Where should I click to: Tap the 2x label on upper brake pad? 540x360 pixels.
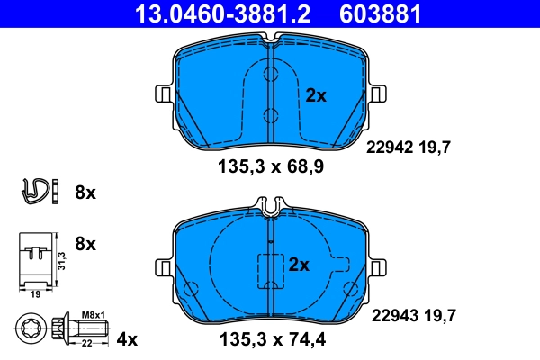pyautogui.click(x=316, y=95)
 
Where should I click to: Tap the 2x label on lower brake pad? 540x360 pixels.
pyautogui.click(x=299, y=265)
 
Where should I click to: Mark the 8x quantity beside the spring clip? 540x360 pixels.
pyautogui.click(x=86, y=193)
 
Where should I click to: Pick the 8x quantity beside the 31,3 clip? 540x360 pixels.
pyautogui.click(x=86, y=244)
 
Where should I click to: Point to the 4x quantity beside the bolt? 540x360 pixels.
pyautogui.click(x=128, y=339)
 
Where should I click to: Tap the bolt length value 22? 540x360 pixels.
pyautogui.click(x=88, y=342)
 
